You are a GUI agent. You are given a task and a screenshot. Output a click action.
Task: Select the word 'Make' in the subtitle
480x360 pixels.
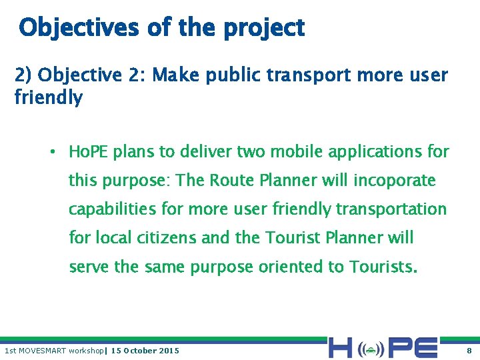(175, 75)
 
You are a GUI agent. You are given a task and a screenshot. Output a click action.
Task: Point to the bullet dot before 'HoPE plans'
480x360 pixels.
(52, 152)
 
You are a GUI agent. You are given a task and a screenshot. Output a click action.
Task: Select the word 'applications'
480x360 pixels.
(375, 153)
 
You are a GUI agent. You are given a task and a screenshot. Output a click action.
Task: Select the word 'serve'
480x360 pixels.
(89, 267)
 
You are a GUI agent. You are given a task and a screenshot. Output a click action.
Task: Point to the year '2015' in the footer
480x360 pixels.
(169, 351)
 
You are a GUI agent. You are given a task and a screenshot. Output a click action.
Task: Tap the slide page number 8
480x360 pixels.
(469, 351)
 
